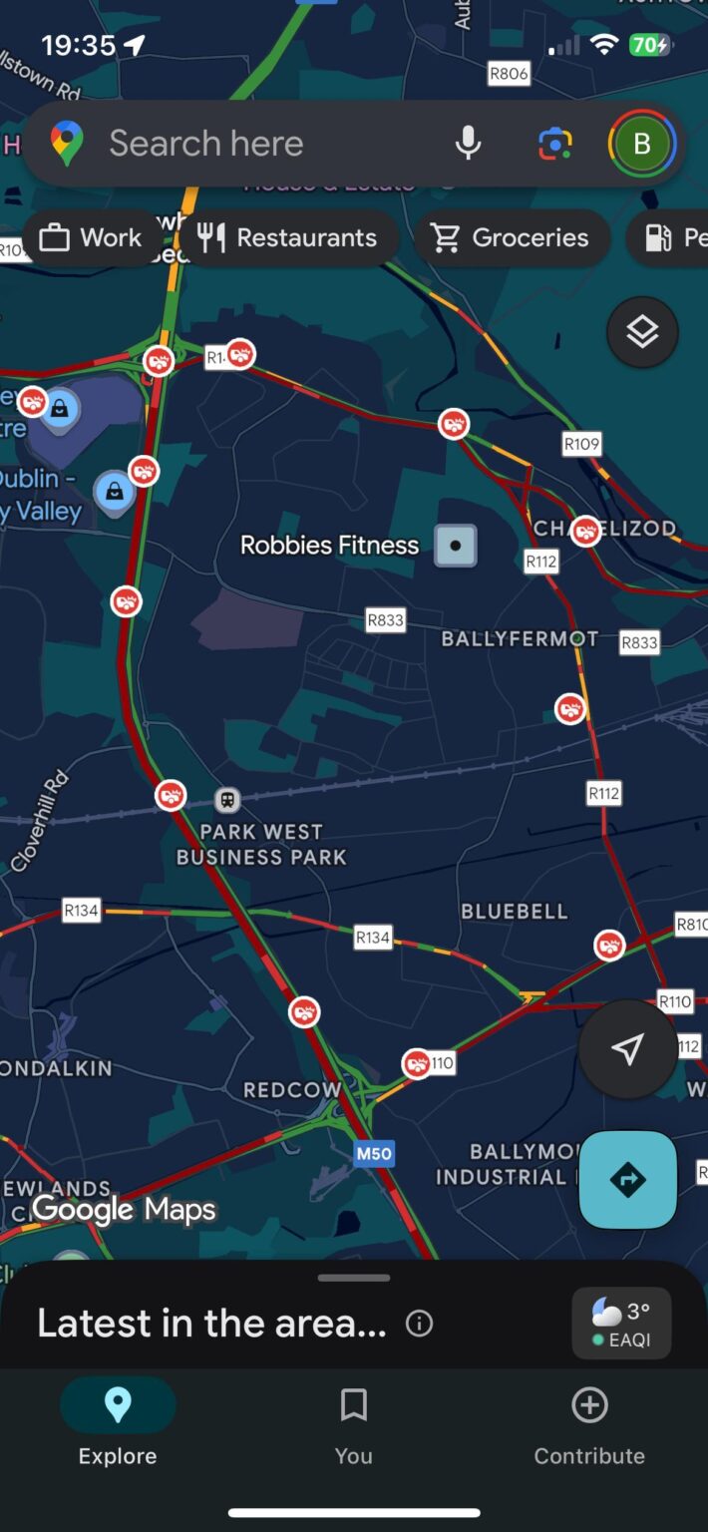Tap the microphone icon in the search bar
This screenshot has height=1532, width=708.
tap(468, 144)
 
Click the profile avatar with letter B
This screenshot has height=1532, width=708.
tap(642, 144)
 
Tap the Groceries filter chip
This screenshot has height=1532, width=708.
tap(511, 237)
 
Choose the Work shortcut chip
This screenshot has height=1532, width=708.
tap(91, 237)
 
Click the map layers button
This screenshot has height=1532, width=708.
tap(642, 332)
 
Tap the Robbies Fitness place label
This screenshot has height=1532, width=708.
tap(330, 546)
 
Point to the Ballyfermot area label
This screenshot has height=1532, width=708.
tap(520, 638)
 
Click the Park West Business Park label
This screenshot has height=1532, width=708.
tap(261, 844)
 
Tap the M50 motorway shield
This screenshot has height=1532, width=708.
tap(374, 1154)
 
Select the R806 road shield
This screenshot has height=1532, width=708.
tap(508, 73)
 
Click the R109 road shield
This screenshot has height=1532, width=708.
tap(581, 444)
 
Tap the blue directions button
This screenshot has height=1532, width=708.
tap(628, 1180)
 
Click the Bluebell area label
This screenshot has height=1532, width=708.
tap(514, 911)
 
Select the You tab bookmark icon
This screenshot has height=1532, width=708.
tap(353, 1406)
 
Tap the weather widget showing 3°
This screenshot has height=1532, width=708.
tap(621, 1323)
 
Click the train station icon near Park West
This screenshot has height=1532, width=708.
tap(228, 799)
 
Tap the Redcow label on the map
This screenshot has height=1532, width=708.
tap(291, 1090)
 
